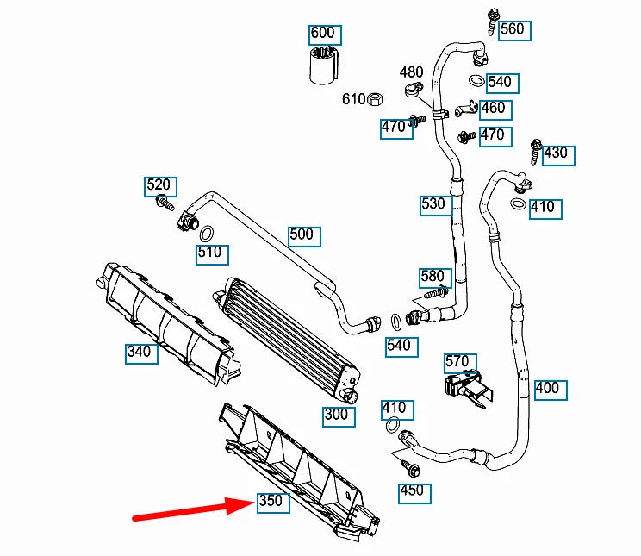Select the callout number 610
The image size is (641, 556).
pyautogui.click(x=353, y=99)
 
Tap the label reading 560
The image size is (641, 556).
pyautogui.click(x=511, y=29)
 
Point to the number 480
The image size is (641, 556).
pyautogui.click(x=411, y=72)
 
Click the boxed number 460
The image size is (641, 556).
pyautogui.click(x=493, y=109)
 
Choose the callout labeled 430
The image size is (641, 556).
pyautogui.click(x=555, y=153)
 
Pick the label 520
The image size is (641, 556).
pyautogui.click(x=159, y=185)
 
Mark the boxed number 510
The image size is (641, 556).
pyautogui.click(x=209, y=253)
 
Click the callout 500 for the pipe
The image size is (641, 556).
pyautogui.click(x=302, y=234)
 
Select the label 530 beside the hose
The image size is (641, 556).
pyautogui.click(x=434, y=204)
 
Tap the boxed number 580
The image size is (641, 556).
pyautogui.click(x=433, y=277)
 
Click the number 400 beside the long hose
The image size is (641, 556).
pyautogui.click(x=547, y=388)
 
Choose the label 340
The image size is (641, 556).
pyautogui.click(x=139, y=351)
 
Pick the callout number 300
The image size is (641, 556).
pyautogui.click(x=336, y=415)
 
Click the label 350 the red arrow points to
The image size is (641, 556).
pyautogui.click(x=271, y=502)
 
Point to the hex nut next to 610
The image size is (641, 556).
pyautogui.click(x=376, y=99)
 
